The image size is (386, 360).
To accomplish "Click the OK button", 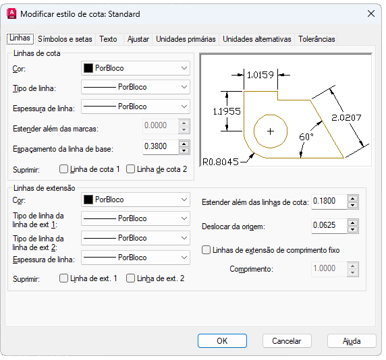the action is point(222,341).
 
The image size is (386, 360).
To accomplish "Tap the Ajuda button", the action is point(352,341).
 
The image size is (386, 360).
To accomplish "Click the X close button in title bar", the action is point(371,13).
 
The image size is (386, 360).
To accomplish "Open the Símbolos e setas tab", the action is point(65,39).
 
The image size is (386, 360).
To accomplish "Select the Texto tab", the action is point(108,39).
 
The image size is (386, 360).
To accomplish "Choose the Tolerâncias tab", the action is point(316,39).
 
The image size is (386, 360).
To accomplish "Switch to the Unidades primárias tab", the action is point(186,39).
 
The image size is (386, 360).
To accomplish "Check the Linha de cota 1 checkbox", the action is point(63,169).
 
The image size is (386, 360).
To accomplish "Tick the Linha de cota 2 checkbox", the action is point(130,169).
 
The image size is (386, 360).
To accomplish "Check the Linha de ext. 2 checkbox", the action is point(130,278).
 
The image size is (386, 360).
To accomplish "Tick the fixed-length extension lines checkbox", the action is point(206,250).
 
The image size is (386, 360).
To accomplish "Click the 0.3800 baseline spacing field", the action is point(161,147).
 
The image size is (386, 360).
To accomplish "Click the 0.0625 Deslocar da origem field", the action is point(329,225).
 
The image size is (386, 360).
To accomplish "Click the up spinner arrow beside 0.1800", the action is point(353,198).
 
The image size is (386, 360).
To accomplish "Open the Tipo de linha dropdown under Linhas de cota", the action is point(136,87).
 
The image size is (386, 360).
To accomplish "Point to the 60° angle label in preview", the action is point(306,136).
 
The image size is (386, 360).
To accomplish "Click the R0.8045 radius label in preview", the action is point(220,162).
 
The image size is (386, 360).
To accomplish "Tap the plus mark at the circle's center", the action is point(271,131).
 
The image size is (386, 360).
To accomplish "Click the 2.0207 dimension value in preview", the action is point(346,117).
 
